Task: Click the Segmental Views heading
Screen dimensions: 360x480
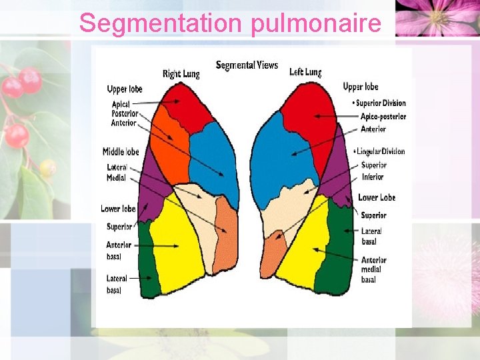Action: (246, 65)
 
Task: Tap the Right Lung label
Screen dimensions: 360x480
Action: (181, 73)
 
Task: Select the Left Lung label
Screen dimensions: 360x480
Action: (305, 72)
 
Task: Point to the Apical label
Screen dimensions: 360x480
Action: (121, 105)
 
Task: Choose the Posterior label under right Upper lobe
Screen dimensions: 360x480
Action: (125, 114)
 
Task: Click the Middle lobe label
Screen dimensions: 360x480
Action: (121, 152)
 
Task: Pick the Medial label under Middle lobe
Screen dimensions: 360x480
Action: (116, 178)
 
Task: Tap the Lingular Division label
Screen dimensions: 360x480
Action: (381, 151)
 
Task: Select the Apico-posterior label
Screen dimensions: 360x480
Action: (383, 117)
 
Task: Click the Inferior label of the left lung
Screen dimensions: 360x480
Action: (373, 177)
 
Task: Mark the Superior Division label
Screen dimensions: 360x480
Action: (380, 103)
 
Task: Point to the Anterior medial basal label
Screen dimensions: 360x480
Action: (373, 269)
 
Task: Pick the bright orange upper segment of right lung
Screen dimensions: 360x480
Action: (170, 150)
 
